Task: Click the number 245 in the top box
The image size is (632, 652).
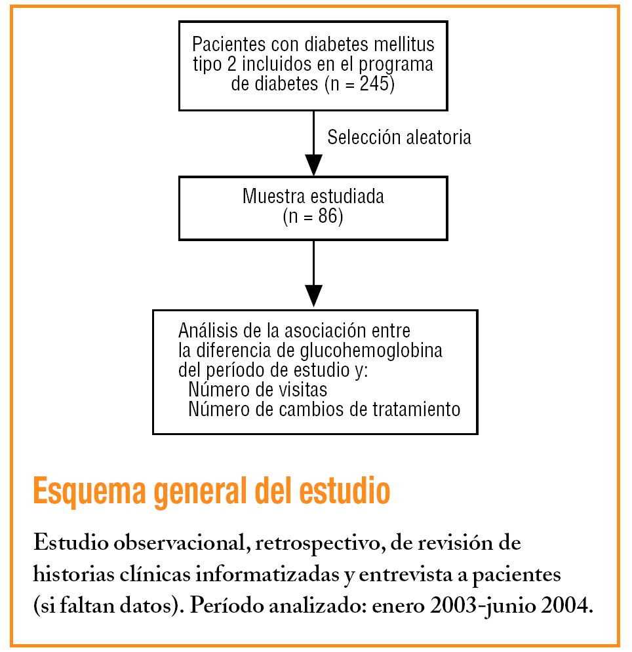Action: (x=376, y=85)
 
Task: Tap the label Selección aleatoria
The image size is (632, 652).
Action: (x=399, y=138)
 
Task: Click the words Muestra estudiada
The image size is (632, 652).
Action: (x=313, y=197)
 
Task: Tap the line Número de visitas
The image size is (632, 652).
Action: (x=257, y=390)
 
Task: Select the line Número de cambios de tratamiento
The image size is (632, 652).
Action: (x=324, y=410)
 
